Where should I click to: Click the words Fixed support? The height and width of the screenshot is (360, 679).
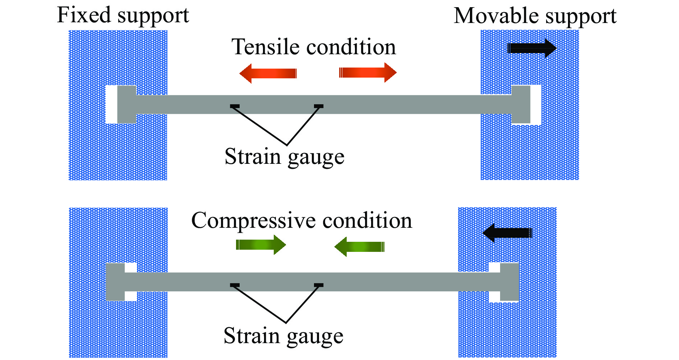click(123, 15)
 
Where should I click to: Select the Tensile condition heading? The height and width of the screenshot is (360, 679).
click(314, 47)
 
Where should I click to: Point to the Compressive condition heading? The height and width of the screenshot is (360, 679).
click(301, 220)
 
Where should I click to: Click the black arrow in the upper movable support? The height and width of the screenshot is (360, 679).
click(532, 48)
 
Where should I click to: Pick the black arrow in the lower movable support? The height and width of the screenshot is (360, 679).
click(507, 233)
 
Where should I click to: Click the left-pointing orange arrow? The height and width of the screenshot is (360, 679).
click(268, 73)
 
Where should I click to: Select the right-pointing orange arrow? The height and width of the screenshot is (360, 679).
click(368, 73)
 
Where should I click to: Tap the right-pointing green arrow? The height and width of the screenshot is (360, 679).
click(261, 245)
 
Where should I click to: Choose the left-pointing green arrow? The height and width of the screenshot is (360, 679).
click(359, 247)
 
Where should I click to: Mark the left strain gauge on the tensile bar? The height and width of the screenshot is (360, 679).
click(235, 106)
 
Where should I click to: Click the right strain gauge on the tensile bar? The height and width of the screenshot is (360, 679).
click(319, 106)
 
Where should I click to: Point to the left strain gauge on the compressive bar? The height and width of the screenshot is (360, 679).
click(235, 285)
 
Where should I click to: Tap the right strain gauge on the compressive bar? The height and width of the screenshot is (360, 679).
click(319, 285)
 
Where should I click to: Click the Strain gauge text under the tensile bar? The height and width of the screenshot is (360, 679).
click(285, 157)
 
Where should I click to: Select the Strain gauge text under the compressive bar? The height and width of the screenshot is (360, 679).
click(283, 336)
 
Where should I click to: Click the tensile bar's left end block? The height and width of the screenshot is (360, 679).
click(127, 105)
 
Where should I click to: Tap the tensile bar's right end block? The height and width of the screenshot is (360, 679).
click(521, 105)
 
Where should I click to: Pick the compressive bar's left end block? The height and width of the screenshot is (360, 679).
click(115, 282)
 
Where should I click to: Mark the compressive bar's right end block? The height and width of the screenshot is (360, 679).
click(510, 282)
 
